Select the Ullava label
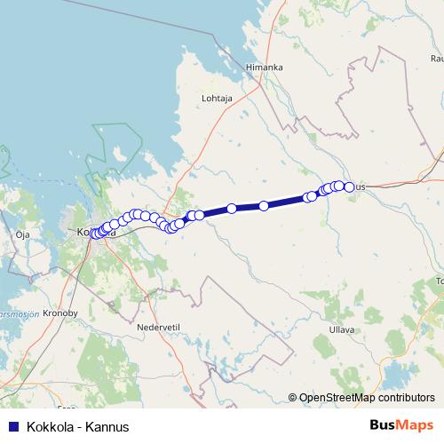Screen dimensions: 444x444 (x=341, y=329)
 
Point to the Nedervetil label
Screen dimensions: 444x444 (x=159, y=326)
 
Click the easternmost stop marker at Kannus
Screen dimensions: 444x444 (x=349, y=186)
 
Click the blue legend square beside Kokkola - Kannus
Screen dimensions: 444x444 (x=12, y=427)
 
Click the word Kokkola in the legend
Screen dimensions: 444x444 (x=51, y=427)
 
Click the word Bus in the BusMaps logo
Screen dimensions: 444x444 (x=385, y=425)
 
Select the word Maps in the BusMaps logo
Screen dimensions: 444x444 (x=416, y=425)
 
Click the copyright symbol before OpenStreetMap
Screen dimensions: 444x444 (x=292, y=398)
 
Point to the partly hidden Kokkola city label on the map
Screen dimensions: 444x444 (x=83, y=233)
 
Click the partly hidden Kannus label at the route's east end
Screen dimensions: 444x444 (x=360, y=187)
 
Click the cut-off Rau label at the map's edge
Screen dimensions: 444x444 (x=436, y=59)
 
